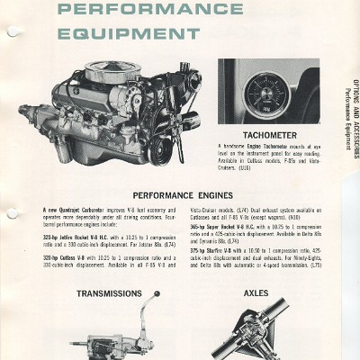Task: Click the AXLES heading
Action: click(x=256, y=293)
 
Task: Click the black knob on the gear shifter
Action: click(x=157, y=294)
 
